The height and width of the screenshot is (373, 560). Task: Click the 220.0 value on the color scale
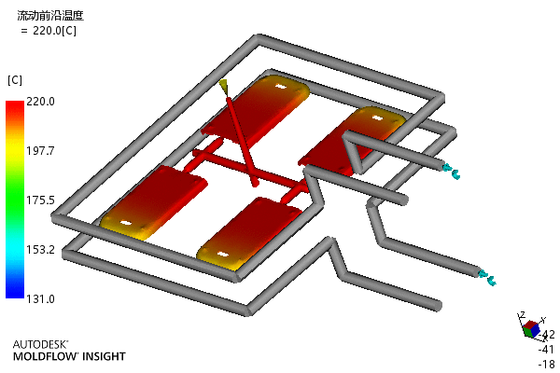coord(40,102)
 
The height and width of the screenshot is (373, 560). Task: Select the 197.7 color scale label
coord(40,151)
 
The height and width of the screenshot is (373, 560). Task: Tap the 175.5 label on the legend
coord(40,200)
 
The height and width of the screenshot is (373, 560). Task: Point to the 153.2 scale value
coord(40,250)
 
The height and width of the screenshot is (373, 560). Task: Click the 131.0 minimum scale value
coord(40,298)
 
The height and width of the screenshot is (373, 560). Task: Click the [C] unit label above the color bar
coord(15,80)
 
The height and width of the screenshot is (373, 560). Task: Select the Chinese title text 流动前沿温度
coord(50,15)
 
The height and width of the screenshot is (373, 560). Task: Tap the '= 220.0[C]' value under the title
coord(49,31)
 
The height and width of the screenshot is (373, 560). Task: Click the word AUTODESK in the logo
coord(40,344)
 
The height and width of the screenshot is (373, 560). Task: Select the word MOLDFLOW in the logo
coord(45,356)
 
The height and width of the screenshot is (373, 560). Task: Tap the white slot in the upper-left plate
coord(282,87)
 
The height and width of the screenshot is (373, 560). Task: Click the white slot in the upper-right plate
coord(377,117)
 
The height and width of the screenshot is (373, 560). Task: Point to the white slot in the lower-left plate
coord(125,223)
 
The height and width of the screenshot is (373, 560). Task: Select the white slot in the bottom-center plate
coord(223,255)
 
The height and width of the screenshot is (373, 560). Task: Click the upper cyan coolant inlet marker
coord(451,171)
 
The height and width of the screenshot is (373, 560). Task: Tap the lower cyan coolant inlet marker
coord(488,278)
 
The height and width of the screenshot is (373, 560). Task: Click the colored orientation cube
coord(531,329)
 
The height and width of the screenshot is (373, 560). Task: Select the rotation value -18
coord(546,364)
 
